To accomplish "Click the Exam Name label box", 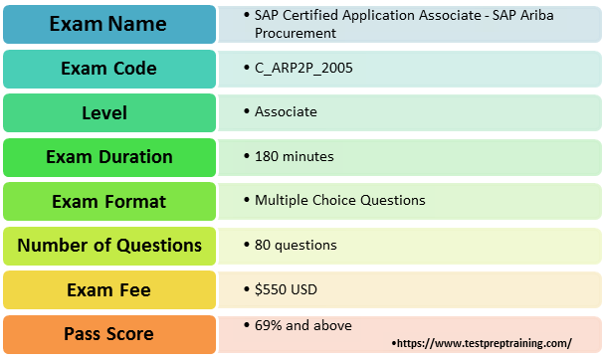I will (x=109, y=23).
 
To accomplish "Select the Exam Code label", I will (x=109, y=68).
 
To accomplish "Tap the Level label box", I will (x=109, y=112).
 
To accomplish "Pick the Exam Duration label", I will (x=109, y=157).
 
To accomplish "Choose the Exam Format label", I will (x=109, y=201).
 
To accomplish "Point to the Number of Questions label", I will (x=109, y=245).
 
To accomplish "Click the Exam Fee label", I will (x=109, y=289).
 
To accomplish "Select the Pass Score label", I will (x=109, y=333).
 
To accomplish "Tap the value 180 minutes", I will (x=294, y=156).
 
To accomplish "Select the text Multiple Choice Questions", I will (x=339, y=200).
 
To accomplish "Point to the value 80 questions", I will (x=296, y=245).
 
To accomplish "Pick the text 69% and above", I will (x=302, y=325).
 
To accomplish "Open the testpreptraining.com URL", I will (x=485, y=343).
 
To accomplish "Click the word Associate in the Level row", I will (x=286, y=111).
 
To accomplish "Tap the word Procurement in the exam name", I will (x=296, y=33).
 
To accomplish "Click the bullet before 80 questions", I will (x=246, y=245).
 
